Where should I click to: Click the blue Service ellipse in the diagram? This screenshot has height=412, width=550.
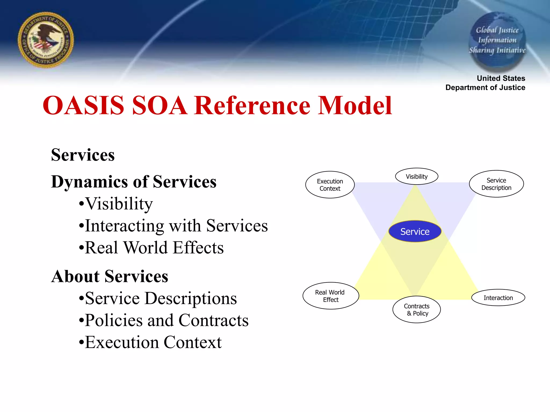tap(415, 231)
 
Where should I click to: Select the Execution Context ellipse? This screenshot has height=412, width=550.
tap(330, 185)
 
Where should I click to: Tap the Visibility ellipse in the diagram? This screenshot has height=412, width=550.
tap(417, 176)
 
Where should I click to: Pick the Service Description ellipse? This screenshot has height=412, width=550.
tap(496, 184)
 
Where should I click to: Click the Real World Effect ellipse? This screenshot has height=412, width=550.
tap(331, 296)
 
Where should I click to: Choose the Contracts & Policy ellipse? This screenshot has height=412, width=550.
tap(417, 310)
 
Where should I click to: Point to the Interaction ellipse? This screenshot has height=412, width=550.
tap(498, 298)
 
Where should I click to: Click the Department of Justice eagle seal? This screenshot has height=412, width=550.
tap(46, 40)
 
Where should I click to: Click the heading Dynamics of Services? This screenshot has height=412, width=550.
tap(134, 182)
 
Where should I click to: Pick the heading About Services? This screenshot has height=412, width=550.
tap(110, 276)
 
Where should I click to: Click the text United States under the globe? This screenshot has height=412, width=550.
tap(501, 78)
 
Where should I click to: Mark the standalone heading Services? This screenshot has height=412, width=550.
tap(83, 155)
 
